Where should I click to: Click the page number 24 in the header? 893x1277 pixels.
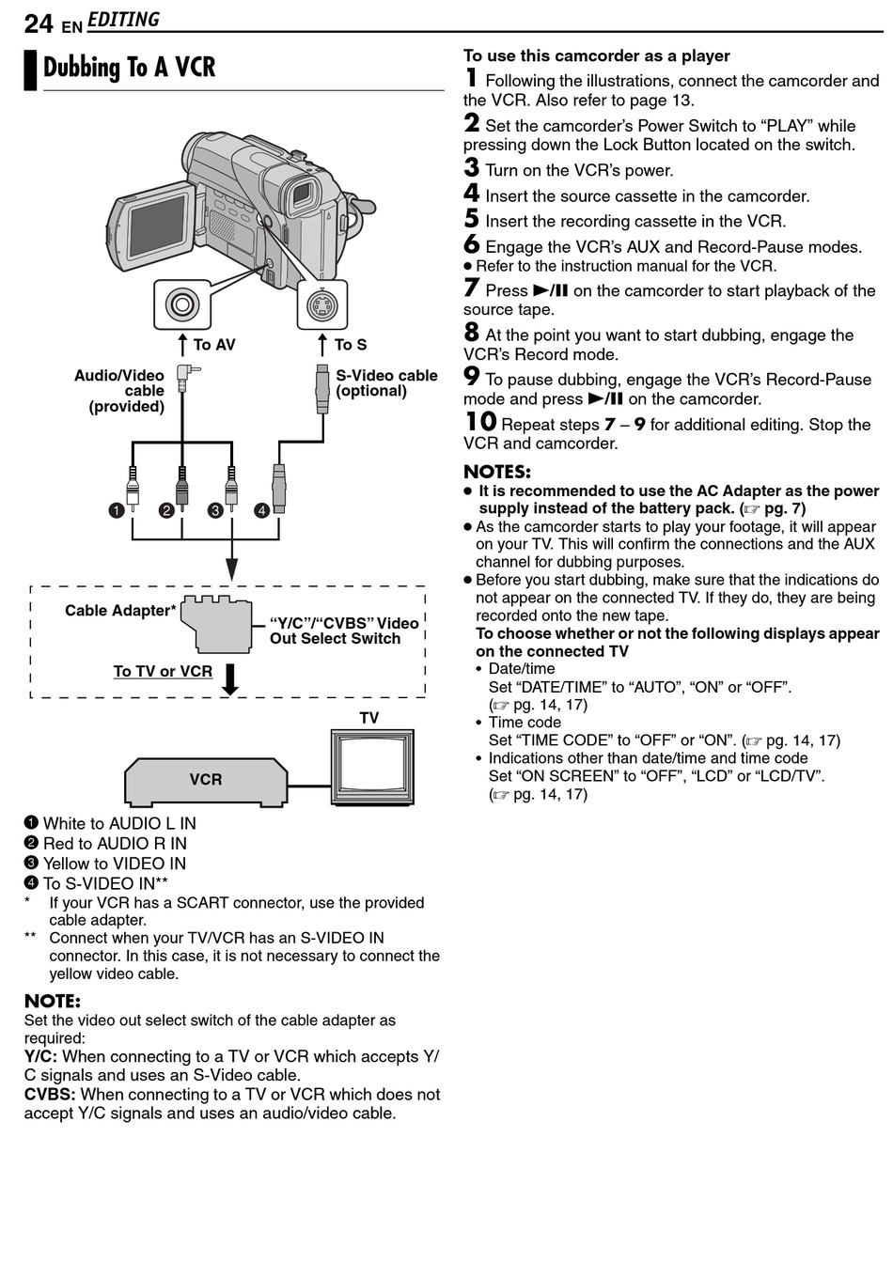pyautogui.click(x=39, y=23)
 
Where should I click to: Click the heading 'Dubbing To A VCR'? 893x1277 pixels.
pyautogui.click(x=129, y=69)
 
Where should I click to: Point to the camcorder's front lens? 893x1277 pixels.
pyautogui.click(x=303, y=195)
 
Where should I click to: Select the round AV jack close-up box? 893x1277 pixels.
pyautogui.click(x=181, y=304)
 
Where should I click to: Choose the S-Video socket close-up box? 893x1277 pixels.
pyautogui.click(x=321, y=304)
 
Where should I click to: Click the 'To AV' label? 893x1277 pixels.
pyautogui.click(x=213, y=345)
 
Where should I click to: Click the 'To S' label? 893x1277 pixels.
pyautogui.click(x=350, y=345)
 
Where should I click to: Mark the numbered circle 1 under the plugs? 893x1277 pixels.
pyautogui.click(x=116, y=510)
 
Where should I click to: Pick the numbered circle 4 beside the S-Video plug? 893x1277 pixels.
pyautogui.click(x=261, y=510)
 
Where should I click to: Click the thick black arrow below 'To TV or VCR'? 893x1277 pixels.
pyautogui.click(x=229, y=678)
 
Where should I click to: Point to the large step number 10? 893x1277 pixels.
pyautogui.click(x=480, y=422)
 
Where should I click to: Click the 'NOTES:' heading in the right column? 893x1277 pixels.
pyautogui.click(x=497, y=472)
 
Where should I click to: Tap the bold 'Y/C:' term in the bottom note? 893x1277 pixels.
pyautogui.click(x=40, y=1056)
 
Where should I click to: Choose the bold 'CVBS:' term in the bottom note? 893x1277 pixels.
pyautogui.click(x=50, y=1094)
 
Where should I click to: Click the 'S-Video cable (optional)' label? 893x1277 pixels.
pyautogui.click(x=386, y=382)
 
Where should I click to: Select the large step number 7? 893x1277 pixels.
pyautogui.click(x=472, y=288)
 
